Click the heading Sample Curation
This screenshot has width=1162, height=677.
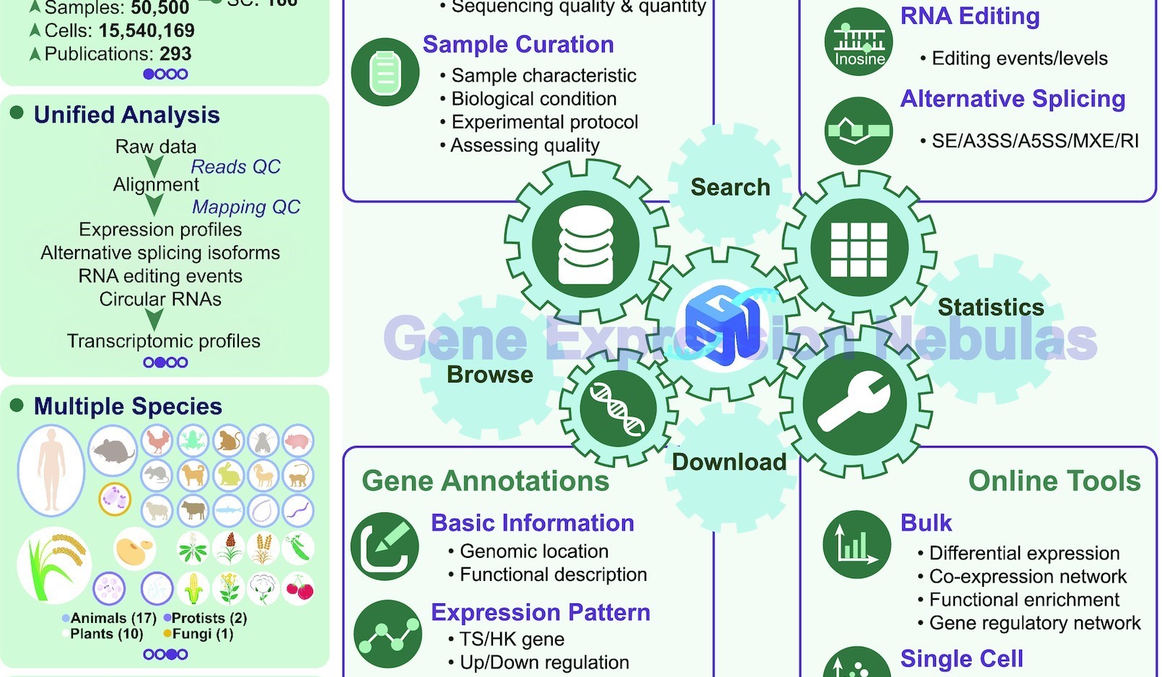[x=517, y=45]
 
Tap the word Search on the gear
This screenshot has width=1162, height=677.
[x=730, y=188]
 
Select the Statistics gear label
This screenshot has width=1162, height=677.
[x=990, y=307]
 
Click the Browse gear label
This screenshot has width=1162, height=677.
[x=489, y=375]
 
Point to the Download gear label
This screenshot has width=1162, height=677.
[x=729, y=462]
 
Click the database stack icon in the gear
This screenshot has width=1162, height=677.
[x=585, y=245]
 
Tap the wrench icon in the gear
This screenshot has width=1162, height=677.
[x=855, y=403]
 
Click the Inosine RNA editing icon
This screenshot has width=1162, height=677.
[x=859, y=42]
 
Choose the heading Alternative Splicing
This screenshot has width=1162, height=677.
[x=1013, y=99]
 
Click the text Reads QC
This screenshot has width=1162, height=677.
[x=235, y=167]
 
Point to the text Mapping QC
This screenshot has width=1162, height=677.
[x=245, y=207]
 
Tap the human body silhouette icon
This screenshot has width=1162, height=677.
[x=51, y=471]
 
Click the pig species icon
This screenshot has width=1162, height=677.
[x=297, y=440]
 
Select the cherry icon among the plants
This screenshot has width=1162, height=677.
[x=299, y=589]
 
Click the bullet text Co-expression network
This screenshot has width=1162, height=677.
[x=1027, y=577]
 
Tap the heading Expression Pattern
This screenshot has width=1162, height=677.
[x=540, y=613]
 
